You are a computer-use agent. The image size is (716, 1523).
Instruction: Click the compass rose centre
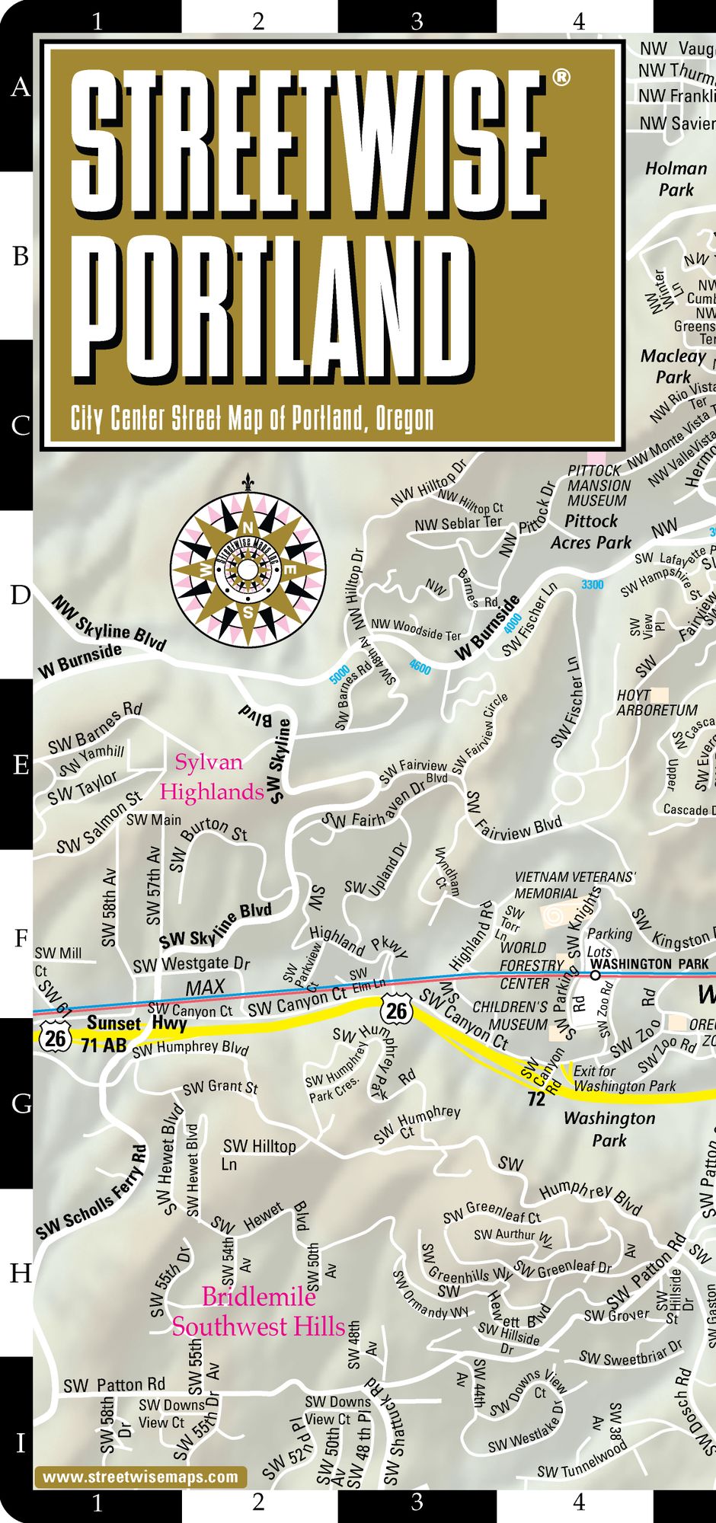248,570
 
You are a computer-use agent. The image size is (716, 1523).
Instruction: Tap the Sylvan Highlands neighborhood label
211,777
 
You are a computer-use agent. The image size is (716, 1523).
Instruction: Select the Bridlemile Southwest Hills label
258,1312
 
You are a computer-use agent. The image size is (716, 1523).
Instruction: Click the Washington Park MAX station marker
595,975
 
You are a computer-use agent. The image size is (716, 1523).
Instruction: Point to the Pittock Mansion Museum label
599,486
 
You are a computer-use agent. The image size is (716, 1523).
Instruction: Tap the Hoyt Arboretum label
657,703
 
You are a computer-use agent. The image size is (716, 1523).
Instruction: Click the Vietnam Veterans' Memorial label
574,885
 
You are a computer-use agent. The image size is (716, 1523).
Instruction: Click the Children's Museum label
510,1016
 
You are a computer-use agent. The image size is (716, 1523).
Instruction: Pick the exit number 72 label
536,1100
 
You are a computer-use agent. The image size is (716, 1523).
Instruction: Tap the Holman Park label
676,179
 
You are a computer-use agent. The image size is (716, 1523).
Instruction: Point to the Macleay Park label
673,366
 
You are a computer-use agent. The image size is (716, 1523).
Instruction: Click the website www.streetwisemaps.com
140,1477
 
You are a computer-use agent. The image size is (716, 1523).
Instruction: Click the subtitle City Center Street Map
252,418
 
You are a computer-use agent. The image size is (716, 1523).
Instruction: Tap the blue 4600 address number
420,667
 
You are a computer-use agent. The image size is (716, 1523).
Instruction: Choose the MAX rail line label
206,988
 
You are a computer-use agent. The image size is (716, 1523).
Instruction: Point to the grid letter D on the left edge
20,595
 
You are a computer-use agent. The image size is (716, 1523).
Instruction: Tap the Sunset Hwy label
137,1023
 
